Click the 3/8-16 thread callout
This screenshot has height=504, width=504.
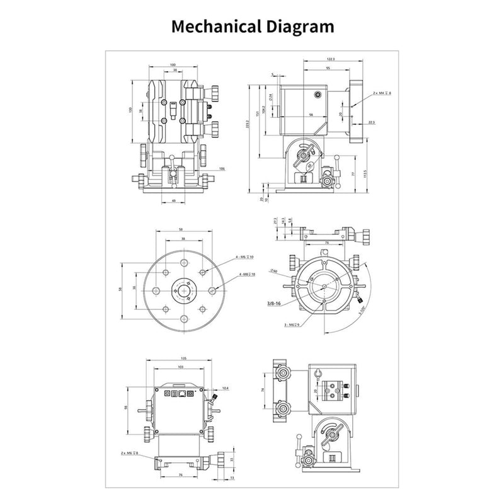[x=274, y=303]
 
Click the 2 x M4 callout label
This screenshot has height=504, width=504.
[x=382, y=93]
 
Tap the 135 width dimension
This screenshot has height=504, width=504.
[x=183, y=357]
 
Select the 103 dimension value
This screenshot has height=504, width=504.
[x=180, y=366]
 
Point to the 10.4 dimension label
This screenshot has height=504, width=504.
[x=225, y=389]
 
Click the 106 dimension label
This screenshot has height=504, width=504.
[x=222, y=169]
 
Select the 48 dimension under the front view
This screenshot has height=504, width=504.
[x=173, y=201]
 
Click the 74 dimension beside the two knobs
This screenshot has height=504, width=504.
[x=263, y=391]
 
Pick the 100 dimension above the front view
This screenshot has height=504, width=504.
[x=173, y=65]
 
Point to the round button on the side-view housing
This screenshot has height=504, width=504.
[x=318, y=94]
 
